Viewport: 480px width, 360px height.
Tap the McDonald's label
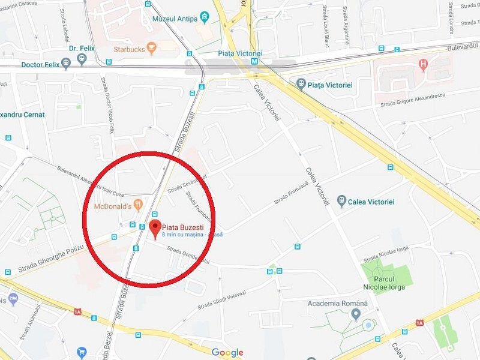pyautogui.click(x=113, y=206)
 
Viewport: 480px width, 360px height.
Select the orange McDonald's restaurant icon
pyautogui.click(x=139, y=205)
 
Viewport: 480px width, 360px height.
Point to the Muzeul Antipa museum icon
pyautogui.click(x=205, y=18)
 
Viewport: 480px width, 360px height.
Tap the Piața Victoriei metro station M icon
pyautogui.click(x=255, y=60)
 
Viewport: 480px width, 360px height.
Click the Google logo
pyautogui.click(x=227, y=353)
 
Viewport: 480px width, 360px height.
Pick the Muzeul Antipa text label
pyautogui.click(x=175, y=19)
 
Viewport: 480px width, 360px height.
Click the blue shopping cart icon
pyautogui.click(x=82, y=352)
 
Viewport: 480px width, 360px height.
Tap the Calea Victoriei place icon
pyautogui.click(x=342, y=200)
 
